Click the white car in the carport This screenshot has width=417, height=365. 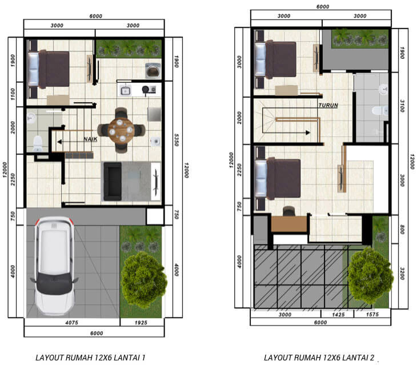tap(54, 265)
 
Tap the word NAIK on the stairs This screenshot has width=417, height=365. tap(90, 139)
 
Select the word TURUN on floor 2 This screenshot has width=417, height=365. tap(328, 105)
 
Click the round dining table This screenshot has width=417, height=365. tap(121, 130)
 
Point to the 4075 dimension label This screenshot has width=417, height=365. tap(72, 323)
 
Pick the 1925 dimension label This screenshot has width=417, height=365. tap(141, 323)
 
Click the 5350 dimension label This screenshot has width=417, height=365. tap(176, 140)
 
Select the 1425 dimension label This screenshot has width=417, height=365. tap(338, 315)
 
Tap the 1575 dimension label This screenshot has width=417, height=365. tap(372, 315)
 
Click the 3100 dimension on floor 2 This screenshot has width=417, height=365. tap(402, 106)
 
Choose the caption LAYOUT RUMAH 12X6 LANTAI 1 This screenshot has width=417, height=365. tap(90, 358)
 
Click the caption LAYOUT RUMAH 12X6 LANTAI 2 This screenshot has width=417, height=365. tap(319, 358)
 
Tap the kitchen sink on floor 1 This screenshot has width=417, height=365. tap(125, 91)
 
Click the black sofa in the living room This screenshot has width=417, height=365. tap(113, 181)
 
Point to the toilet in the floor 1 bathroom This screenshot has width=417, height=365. tap(38, 143)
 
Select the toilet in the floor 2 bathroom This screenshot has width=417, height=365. tap(380, 111)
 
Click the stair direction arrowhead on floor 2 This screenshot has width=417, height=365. tap(308, 133)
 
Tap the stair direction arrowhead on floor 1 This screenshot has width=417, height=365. tap(59, 142)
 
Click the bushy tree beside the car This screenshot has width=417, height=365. tap(143, 279)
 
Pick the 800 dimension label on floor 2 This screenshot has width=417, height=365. tap(402, 230)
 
